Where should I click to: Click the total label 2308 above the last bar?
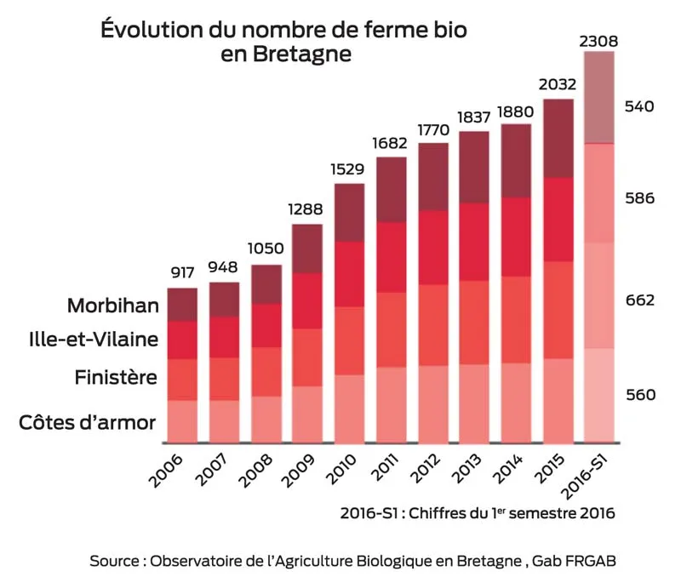tap(599, 40)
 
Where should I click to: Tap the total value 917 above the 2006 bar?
tap(182, 274)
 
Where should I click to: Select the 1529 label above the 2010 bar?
tap(350, 170)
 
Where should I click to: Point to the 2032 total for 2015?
tap(558, 85)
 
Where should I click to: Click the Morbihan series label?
tap(112, 306)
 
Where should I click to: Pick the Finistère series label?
tap(116, 377)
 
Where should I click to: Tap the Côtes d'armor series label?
tap(88, 422)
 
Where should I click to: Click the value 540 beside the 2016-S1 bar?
tap(639, 107)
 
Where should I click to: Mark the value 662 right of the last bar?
tap(639, 300)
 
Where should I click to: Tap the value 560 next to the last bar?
tap(639, 395)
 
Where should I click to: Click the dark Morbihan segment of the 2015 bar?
tap(558, 138)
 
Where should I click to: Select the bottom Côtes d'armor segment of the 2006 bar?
tap(182, 421)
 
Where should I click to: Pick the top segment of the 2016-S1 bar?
tap(598, 97)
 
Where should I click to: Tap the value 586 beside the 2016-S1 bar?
tap(639, 199)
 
